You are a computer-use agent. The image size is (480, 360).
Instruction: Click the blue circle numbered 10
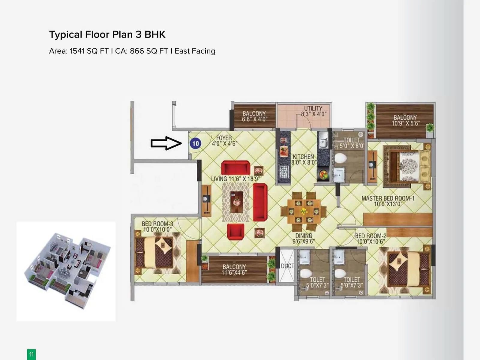195,143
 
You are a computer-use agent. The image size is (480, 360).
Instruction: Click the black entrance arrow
166,143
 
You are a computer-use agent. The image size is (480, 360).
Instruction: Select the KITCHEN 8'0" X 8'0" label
303,159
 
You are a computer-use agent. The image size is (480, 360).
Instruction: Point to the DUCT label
287,266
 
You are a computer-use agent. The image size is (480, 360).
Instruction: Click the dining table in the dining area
304,211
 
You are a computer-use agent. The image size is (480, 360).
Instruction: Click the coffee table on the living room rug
236,202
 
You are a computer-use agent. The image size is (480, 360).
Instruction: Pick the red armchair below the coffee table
235,232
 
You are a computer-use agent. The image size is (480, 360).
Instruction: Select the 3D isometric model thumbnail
66,271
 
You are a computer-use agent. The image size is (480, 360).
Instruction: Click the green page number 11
31,355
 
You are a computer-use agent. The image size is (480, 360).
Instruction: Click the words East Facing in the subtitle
195,51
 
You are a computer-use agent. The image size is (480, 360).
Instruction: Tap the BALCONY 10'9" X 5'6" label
405,120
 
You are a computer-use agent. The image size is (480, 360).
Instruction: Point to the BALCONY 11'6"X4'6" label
234,269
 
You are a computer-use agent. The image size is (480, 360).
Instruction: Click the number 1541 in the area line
77,51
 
